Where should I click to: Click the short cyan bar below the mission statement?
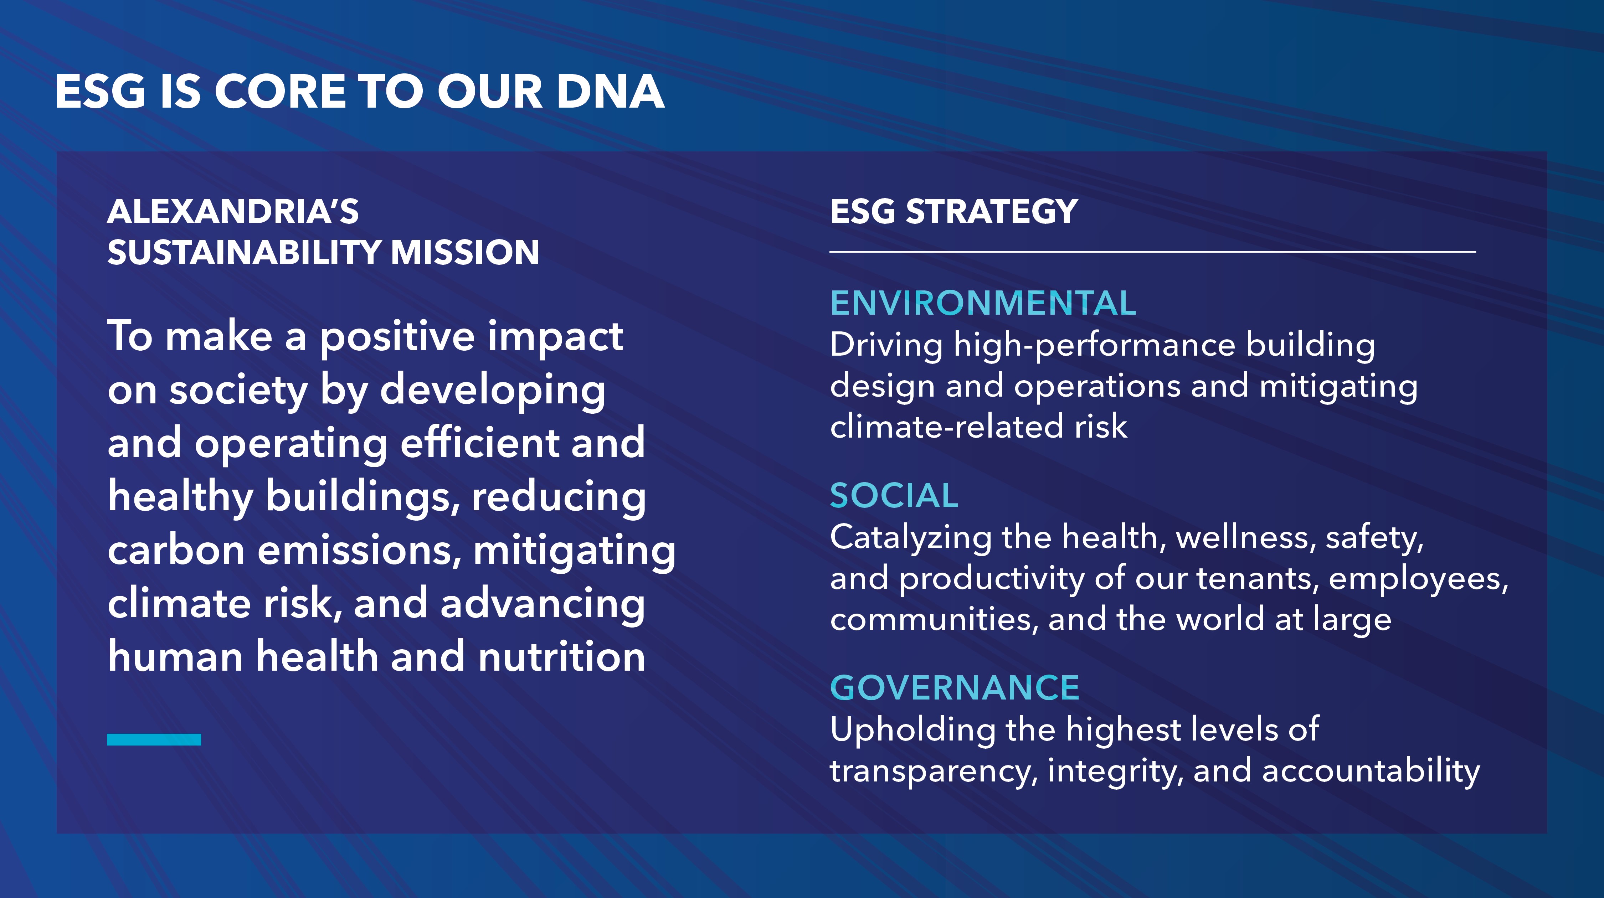154,739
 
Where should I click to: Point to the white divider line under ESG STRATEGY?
1152,252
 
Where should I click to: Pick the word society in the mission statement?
238,391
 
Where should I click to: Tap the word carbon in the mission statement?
176,551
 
